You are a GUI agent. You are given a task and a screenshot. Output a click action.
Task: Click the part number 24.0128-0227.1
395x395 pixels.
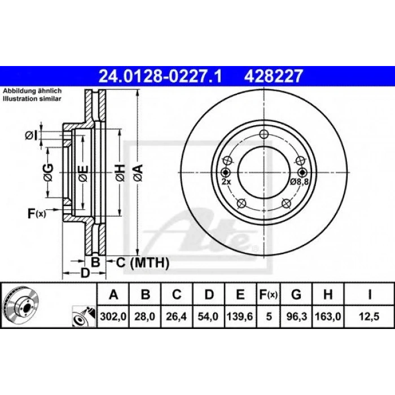160,76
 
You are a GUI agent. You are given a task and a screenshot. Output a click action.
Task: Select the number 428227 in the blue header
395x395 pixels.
273,76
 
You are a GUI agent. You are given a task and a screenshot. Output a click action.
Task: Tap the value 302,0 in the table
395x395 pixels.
113,317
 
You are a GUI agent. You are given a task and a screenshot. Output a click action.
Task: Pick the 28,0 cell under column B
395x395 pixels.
144,317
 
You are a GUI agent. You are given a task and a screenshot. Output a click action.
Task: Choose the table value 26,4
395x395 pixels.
176,317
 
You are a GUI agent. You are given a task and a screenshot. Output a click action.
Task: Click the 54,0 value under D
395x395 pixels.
208,317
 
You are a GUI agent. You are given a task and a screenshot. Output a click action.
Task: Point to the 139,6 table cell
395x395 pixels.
240,317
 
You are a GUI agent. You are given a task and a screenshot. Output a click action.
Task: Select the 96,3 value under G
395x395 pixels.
297,317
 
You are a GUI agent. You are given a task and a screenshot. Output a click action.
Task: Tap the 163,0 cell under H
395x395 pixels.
328,317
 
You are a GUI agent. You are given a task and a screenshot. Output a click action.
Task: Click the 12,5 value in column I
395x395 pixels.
369,317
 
